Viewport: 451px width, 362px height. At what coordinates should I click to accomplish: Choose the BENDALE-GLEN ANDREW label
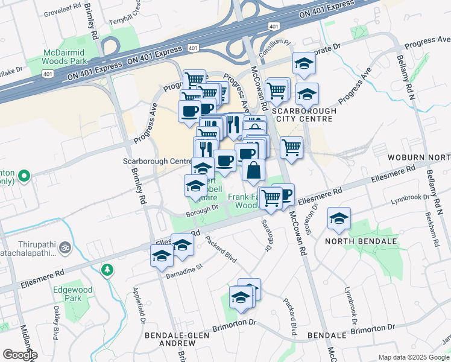170,338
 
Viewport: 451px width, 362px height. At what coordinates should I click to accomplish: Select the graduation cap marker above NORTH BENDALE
339,220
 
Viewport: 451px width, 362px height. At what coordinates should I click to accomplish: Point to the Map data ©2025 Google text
414,357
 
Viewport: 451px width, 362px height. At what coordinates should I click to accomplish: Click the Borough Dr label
201,209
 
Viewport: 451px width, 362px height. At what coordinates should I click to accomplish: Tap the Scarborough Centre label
157,162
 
